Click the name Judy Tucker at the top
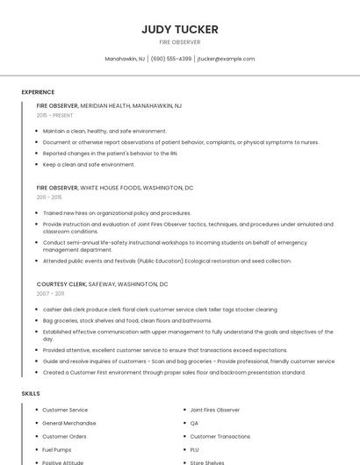(180, 29)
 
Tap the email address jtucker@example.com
(226, 59)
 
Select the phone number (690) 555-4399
(170, 59)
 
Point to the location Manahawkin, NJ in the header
(125, 59)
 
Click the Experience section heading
(38, 92)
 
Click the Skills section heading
(31, 393)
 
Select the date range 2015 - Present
(54, 115)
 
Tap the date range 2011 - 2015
(49, 197)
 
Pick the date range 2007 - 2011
(50, 294)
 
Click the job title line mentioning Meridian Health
(109, 105)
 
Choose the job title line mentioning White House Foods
(114, 188)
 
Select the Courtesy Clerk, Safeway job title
(102, 284)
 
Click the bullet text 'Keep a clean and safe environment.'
(89, 164)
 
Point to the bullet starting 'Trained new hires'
(117, 212)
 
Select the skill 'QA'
(194, 423)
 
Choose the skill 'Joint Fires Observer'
(214, 410)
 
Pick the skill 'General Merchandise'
(69, 423)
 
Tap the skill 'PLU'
(195, 449)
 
